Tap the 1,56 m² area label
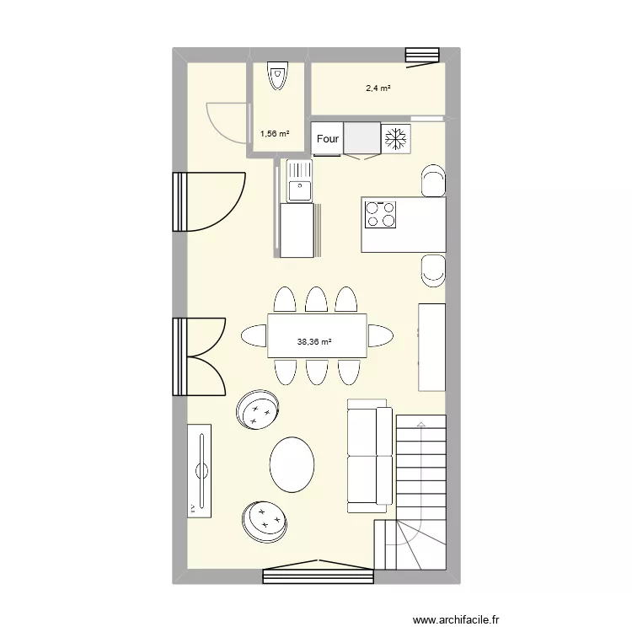[x=275, y=133]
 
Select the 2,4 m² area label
[x=378, y=88]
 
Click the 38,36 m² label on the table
[x=313, y=341]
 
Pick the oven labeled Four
[x=327, y=139]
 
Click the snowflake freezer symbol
[x=395, y=139]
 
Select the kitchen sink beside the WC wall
[x=298, y=180]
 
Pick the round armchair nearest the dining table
[x=258, y=410]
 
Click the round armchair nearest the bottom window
[x=265, y=520]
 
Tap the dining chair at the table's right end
[x=380, y=335]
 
